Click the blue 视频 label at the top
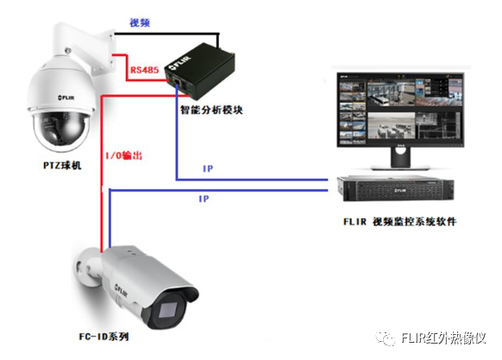[140, 22]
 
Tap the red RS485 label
[144, 70]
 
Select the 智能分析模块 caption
[211, 110]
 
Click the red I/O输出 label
[124, 155]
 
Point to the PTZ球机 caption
[62, 166]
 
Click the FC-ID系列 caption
[104, 337]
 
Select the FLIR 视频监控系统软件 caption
[400, 222]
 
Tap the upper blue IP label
[208, 168]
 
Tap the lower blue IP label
[204, 199]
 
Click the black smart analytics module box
[200, 71]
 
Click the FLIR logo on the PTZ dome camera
[66, 98]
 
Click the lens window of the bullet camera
[168, 310]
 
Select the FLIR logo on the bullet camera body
[121, 290]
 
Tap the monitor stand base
[400, 167]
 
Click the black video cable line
[166, 34]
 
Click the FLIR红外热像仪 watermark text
[443, 338]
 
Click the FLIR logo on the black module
[180, 62]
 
